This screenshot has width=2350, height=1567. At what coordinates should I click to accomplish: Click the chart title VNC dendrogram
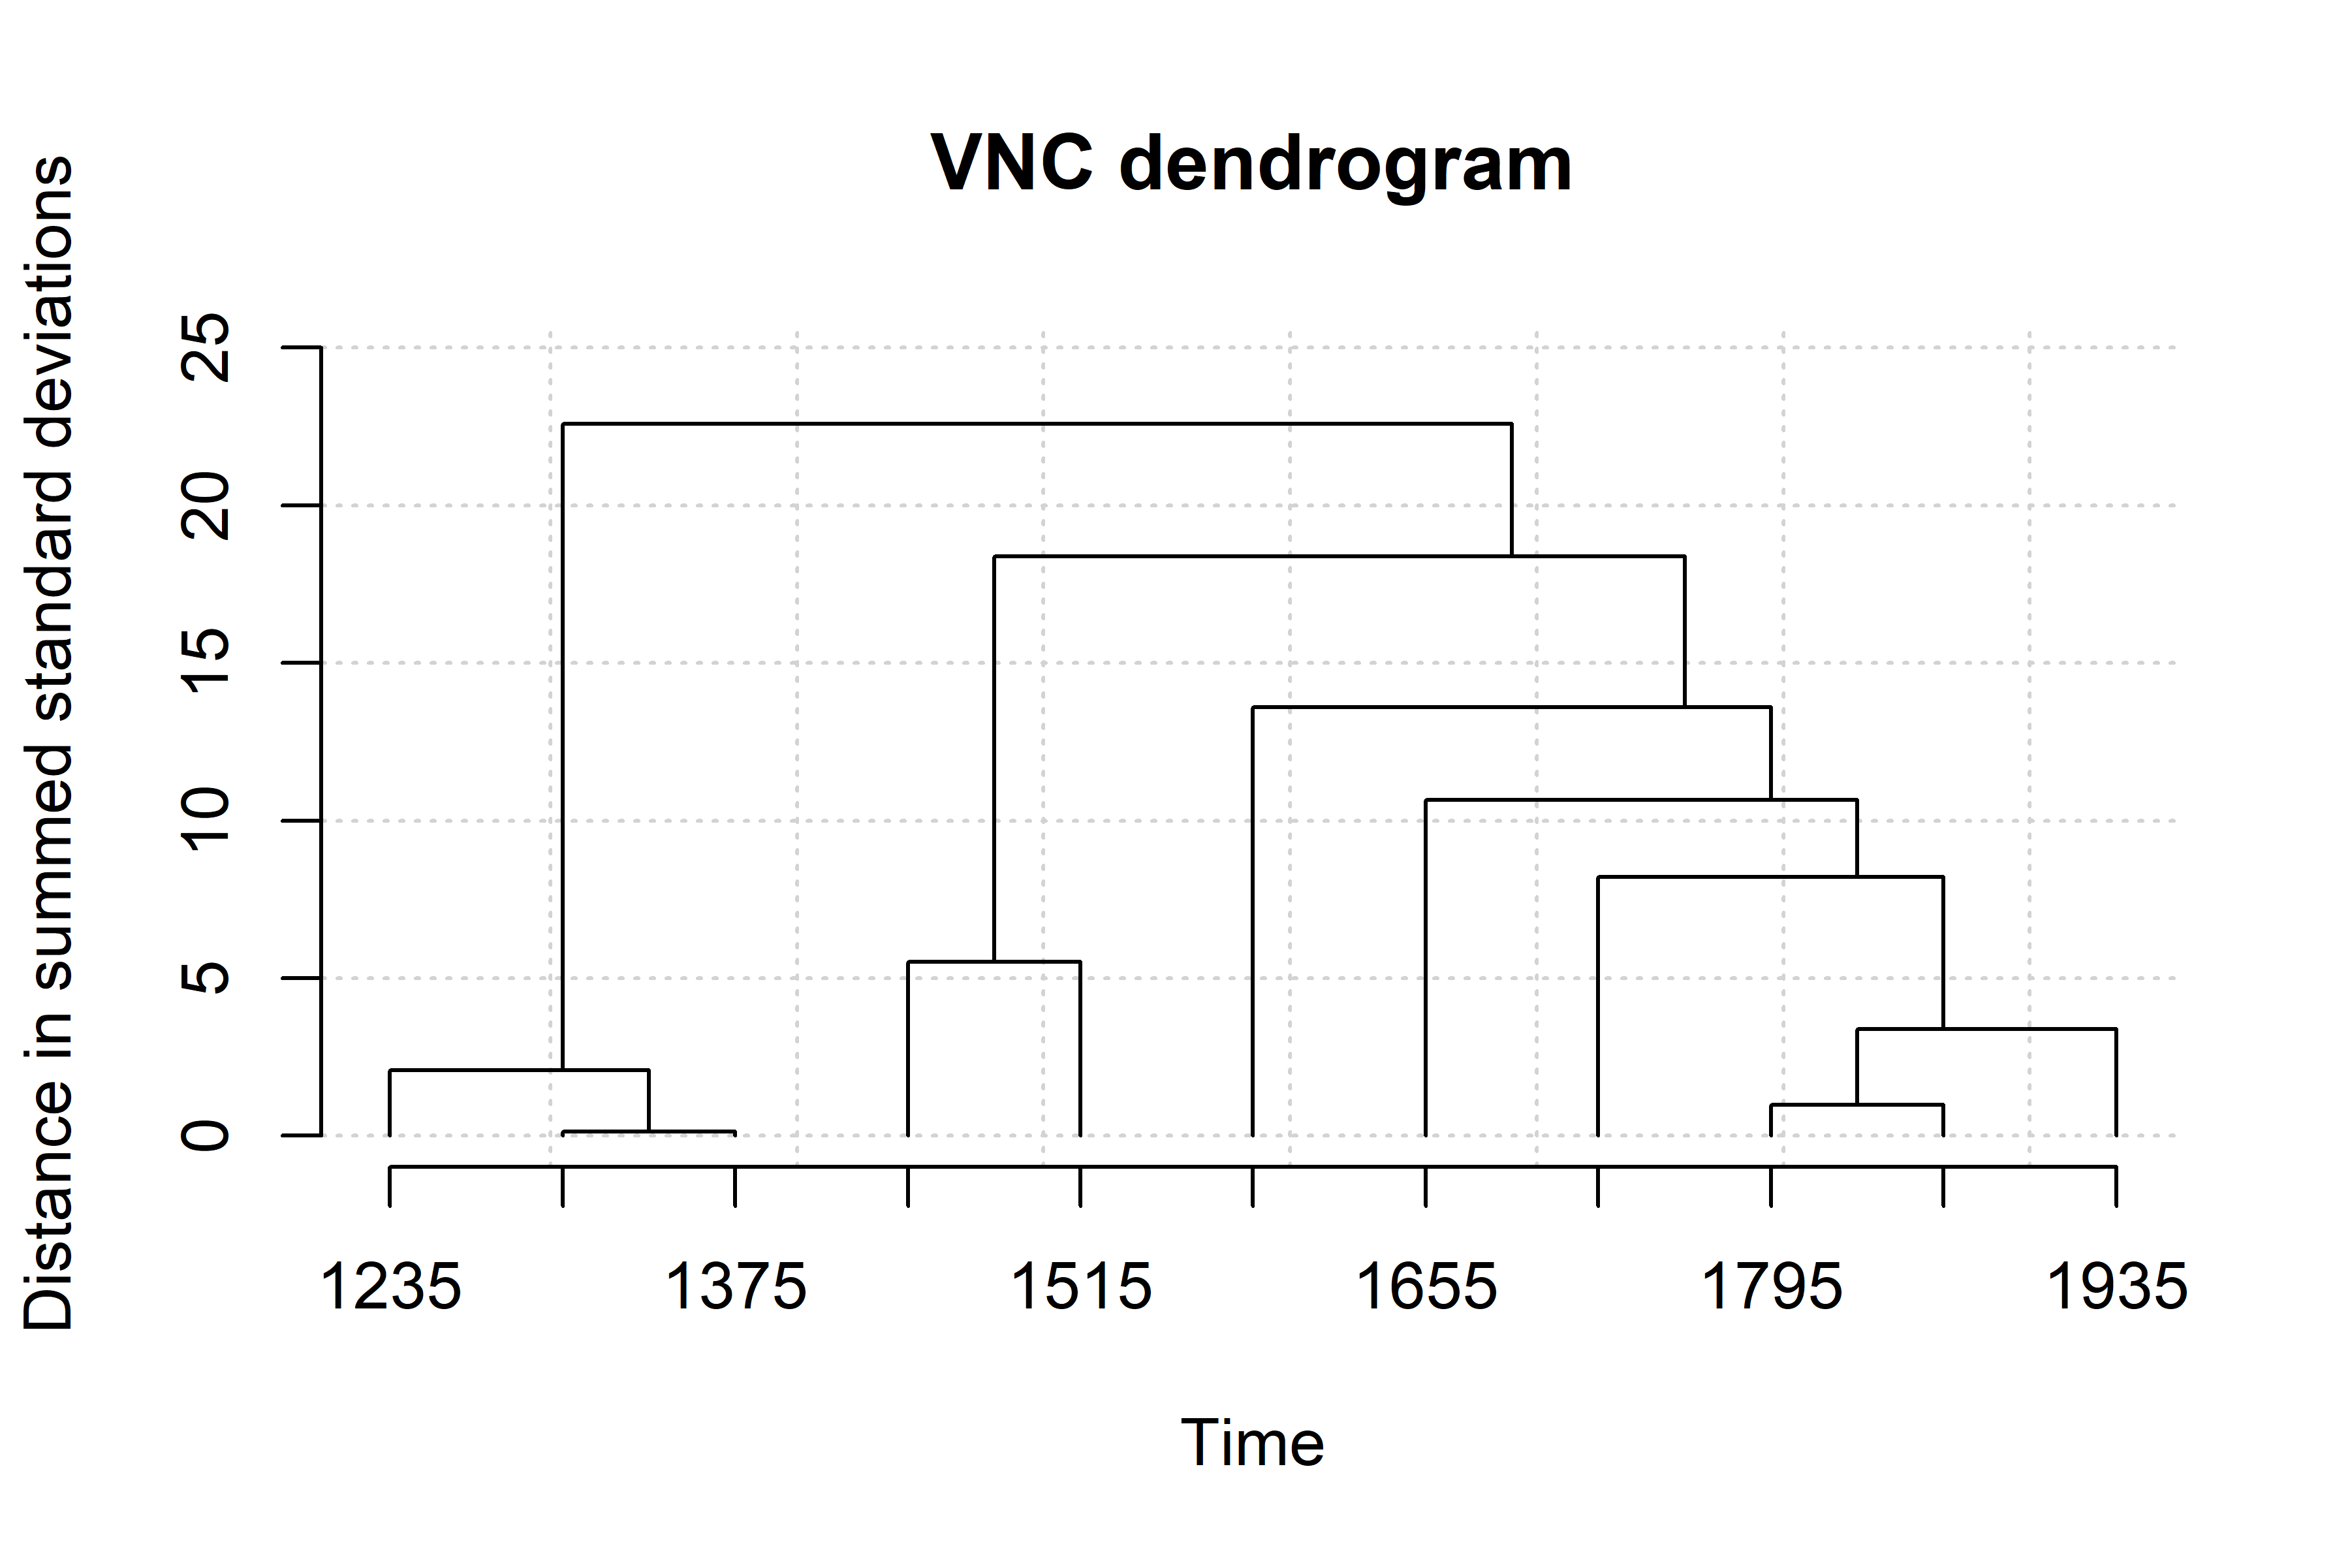point(1251,163)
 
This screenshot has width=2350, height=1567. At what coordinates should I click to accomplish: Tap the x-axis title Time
point(1252,1443)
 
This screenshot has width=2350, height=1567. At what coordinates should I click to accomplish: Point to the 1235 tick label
point(390,1287)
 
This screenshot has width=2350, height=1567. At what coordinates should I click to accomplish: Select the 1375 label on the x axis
point(736,1287)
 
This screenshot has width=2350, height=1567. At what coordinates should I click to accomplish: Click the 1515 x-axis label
point(1080,1287)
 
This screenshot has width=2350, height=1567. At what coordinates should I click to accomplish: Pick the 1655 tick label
point(1426,1287)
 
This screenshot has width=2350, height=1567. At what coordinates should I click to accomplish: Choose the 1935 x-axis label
point(2116,1287)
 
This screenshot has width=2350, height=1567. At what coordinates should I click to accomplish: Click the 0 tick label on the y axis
point(207,1135)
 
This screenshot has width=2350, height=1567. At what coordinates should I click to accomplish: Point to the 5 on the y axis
point(207,977)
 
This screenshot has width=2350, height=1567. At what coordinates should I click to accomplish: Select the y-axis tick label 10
point(207,821)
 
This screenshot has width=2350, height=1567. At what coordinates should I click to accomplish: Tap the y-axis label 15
point(207,663)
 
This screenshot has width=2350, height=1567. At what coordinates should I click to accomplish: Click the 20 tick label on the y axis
point(207,505)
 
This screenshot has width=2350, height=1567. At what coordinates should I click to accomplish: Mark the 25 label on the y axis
point(207,348)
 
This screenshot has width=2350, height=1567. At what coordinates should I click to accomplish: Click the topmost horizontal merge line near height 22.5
point(1037,424)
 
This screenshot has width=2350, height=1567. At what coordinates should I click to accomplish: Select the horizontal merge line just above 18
point(1339,556)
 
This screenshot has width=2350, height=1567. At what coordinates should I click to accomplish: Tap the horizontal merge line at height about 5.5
point(994,961)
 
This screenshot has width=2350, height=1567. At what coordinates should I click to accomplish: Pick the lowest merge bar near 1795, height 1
point(1856,1104)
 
